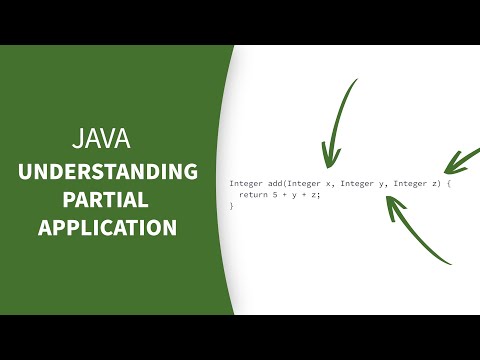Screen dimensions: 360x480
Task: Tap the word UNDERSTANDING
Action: coord(107,172)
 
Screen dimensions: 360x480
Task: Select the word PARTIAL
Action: coord(107,200)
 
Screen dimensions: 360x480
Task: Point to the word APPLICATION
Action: coord(107,228)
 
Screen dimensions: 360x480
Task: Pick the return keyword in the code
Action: coord(252,195)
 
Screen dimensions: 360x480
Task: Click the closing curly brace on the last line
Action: coord(231,206)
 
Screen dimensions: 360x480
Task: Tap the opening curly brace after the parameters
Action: coord(450,184)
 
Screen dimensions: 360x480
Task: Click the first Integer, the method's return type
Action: coord(245,184)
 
